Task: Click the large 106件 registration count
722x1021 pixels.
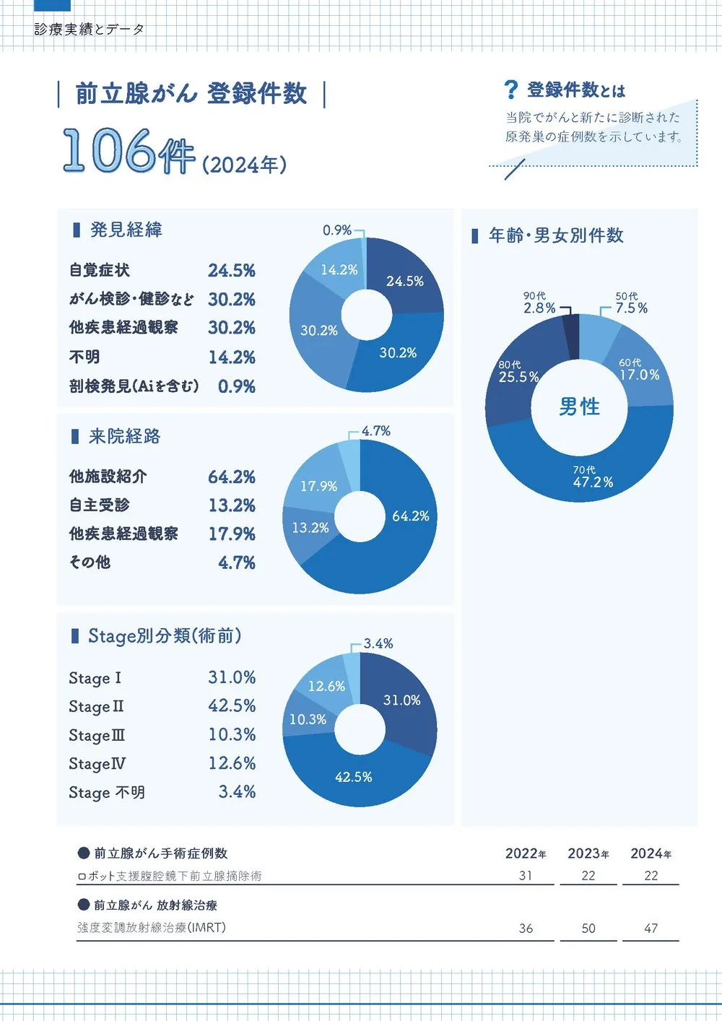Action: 129,151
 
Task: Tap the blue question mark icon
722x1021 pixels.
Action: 510,90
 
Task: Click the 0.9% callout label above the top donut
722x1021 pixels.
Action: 336,230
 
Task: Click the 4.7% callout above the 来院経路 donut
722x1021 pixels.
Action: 375,431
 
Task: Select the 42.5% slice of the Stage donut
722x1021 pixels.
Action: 353,777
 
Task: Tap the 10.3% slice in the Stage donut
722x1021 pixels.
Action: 308,719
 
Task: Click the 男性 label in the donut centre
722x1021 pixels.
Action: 579,407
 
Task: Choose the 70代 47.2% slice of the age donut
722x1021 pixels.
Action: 592,477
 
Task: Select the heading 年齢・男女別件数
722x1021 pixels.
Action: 556,235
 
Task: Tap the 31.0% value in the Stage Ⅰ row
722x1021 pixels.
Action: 232,677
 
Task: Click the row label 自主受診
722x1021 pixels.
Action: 100,505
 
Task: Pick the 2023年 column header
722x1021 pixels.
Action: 588,853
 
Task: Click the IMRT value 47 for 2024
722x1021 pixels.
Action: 651,928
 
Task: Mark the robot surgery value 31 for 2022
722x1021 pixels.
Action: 526,875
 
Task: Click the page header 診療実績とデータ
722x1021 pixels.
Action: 90,30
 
